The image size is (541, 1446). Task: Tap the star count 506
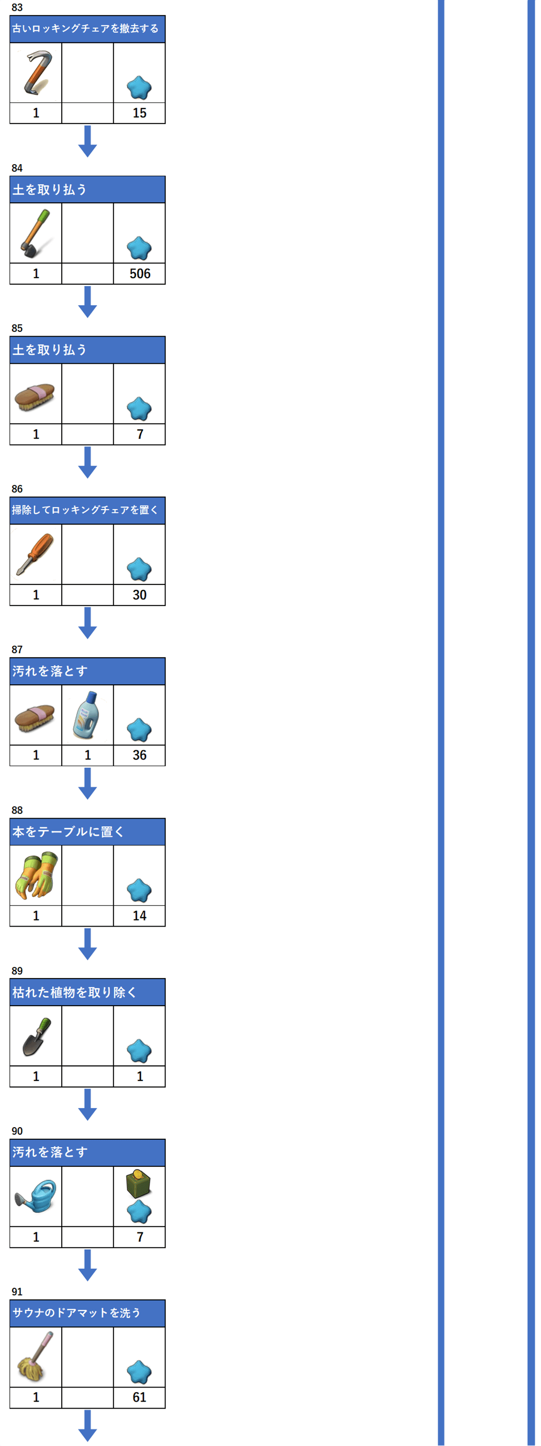point(140,273)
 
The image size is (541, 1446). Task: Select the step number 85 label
point(17,328)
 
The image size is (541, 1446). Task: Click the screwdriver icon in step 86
point(36,554)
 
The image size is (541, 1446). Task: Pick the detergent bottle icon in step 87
point(87,714)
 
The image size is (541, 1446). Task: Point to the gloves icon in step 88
point(36,875)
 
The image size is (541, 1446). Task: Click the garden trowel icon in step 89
point(36,1036)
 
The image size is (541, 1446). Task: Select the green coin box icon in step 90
point(138,1183)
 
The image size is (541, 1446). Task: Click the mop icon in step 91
point(36,1357)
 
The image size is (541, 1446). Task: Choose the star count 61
point(140,1397)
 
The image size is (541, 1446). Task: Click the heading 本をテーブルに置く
point(68,832)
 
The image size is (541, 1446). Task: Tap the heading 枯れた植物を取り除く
point(74,993)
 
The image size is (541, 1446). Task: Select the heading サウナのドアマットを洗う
point(76,1313)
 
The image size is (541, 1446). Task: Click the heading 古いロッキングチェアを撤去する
point(85,29)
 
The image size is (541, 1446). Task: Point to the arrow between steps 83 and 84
point(87,141)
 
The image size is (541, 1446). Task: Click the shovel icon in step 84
point(36,233)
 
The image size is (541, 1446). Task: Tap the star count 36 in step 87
point(140,755)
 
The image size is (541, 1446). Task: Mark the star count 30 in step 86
point(140,595)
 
